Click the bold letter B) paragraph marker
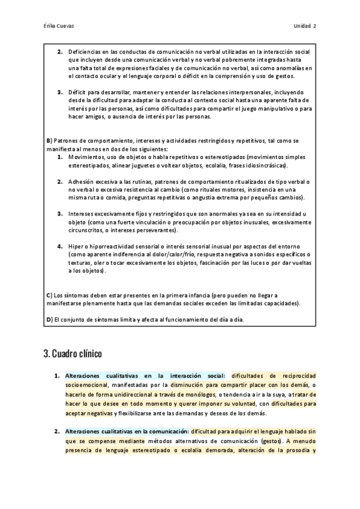coord(49,140)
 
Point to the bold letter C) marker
coord(49,295)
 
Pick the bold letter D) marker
coord(49,319)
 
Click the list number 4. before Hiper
coord(60,246)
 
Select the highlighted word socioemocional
coord(86,385)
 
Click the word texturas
coord(82,263)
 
